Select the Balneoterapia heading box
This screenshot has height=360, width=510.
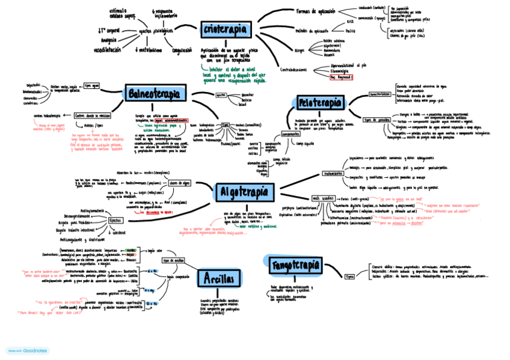tap(155, 93)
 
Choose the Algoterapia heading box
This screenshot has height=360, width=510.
tap(244, 192)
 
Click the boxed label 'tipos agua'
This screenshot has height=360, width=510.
tap(92, 86)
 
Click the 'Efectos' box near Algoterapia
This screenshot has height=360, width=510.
tap(115, 220)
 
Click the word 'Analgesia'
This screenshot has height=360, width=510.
tap(104, 40)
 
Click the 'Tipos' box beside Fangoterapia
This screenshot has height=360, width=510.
tap(350, 276)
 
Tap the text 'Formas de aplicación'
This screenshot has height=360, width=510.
tap(316, 11)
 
